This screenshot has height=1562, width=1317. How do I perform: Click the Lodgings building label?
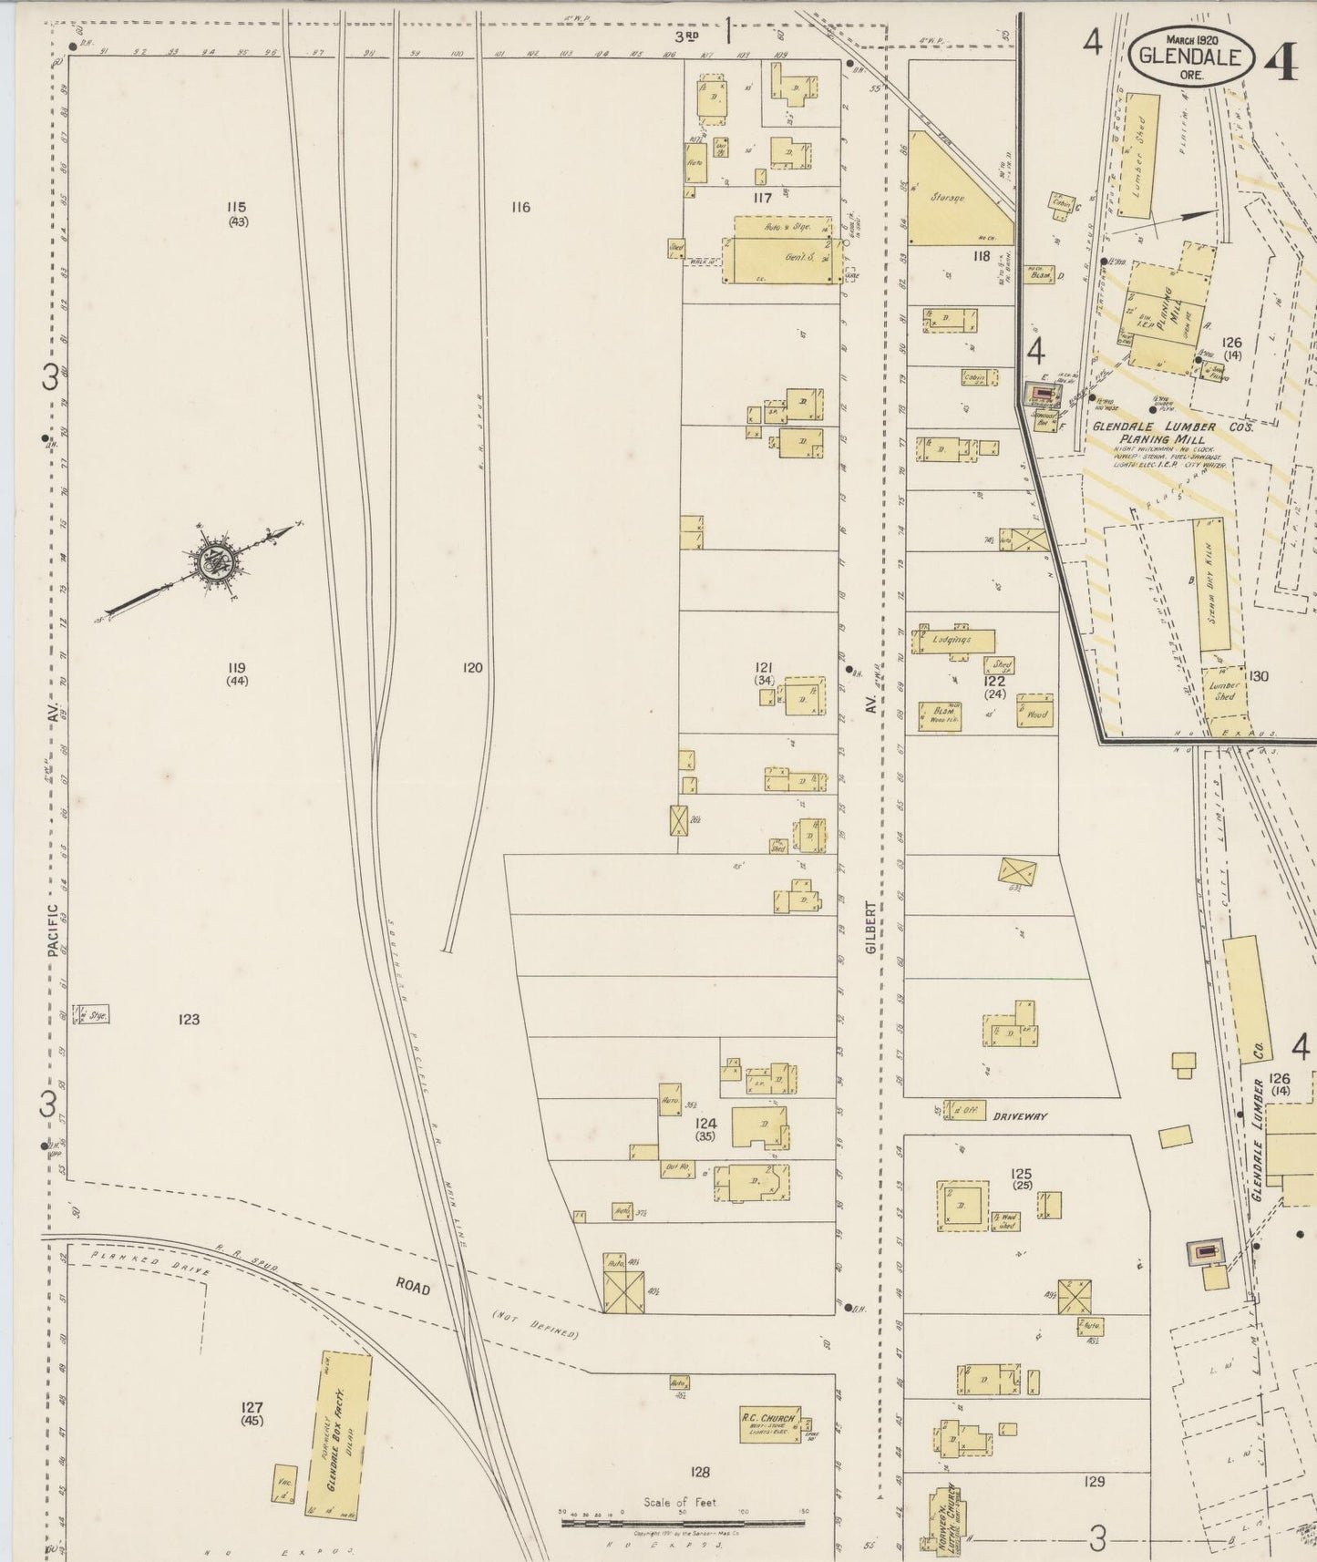952,640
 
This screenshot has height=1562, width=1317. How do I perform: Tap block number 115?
238,208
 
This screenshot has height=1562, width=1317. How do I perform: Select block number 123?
189,1020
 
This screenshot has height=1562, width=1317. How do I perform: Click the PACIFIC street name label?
54,930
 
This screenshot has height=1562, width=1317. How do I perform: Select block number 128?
700,1471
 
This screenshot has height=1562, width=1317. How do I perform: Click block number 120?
472,668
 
